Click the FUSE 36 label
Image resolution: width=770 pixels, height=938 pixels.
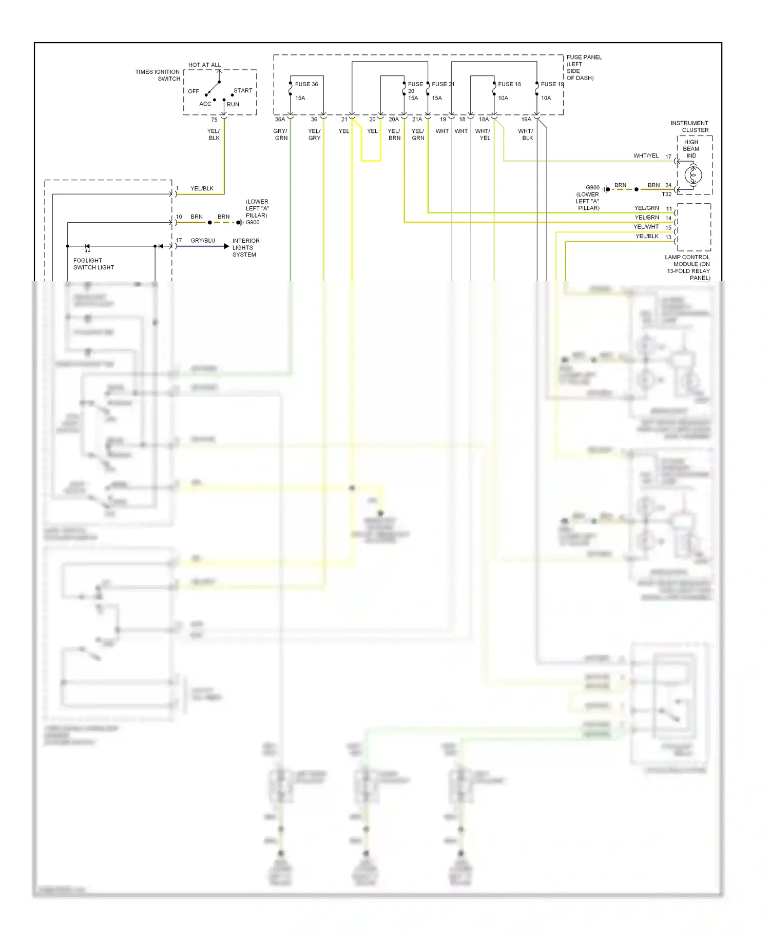(x=306, y=84)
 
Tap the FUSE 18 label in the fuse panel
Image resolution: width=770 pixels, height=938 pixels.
(x=509, y=84)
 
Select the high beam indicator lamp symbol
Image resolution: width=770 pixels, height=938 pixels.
(x=693, y=175)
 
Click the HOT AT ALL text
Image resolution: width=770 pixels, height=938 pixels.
(x=204, y=65)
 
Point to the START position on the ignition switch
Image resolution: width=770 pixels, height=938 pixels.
(x=243, y=91)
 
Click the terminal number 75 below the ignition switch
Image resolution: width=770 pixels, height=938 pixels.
(x=214, y=120)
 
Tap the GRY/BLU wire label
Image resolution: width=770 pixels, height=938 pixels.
(x=203, y=241)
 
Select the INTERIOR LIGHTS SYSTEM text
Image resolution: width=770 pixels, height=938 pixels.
(x=245, y=248)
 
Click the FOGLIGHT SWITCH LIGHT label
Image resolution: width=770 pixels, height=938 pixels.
(x=93, y=264)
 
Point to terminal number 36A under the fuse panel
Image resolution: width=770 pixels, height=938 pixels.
(x=280, y=120)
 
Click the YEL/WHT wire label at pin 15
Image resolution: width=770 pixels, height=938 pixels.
(x=646, y=227)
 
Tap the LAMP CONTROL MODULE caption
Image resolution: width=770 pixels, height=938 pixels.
(x=688, y=267)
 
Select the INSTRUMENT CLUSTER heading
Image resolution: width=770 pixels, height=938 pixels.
(x=689, y=127)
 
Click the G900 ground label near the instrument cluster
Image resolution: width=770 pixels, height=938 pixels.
(x=592, y=188)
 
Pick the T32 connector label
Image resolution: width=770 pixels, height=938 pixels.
(x=666, y=194)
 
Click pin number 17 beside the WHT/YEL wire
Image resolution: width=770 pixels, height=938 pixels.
(x=668, y=157)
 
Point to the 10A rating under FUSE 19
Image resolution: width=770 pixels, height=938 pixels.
(x=546, y=98)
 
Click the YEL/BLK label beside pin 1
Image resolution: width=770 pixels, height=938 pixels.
(x=202, y=189)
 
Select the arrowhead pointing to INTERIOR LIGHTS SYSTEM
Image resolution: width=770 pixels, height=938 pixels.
(x=226, y=247)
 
